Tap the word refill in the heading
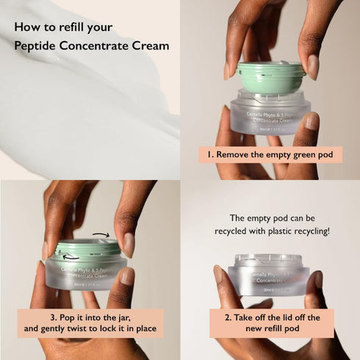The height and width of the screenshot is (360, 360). coord(71,29)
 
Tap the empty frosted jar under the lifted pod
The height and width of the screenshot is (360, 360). coord(270,114)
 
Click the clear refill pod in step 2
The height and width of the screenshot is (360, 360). coord(268,274)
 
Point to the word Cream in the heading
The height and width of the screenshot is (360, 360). coord(150,46)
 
